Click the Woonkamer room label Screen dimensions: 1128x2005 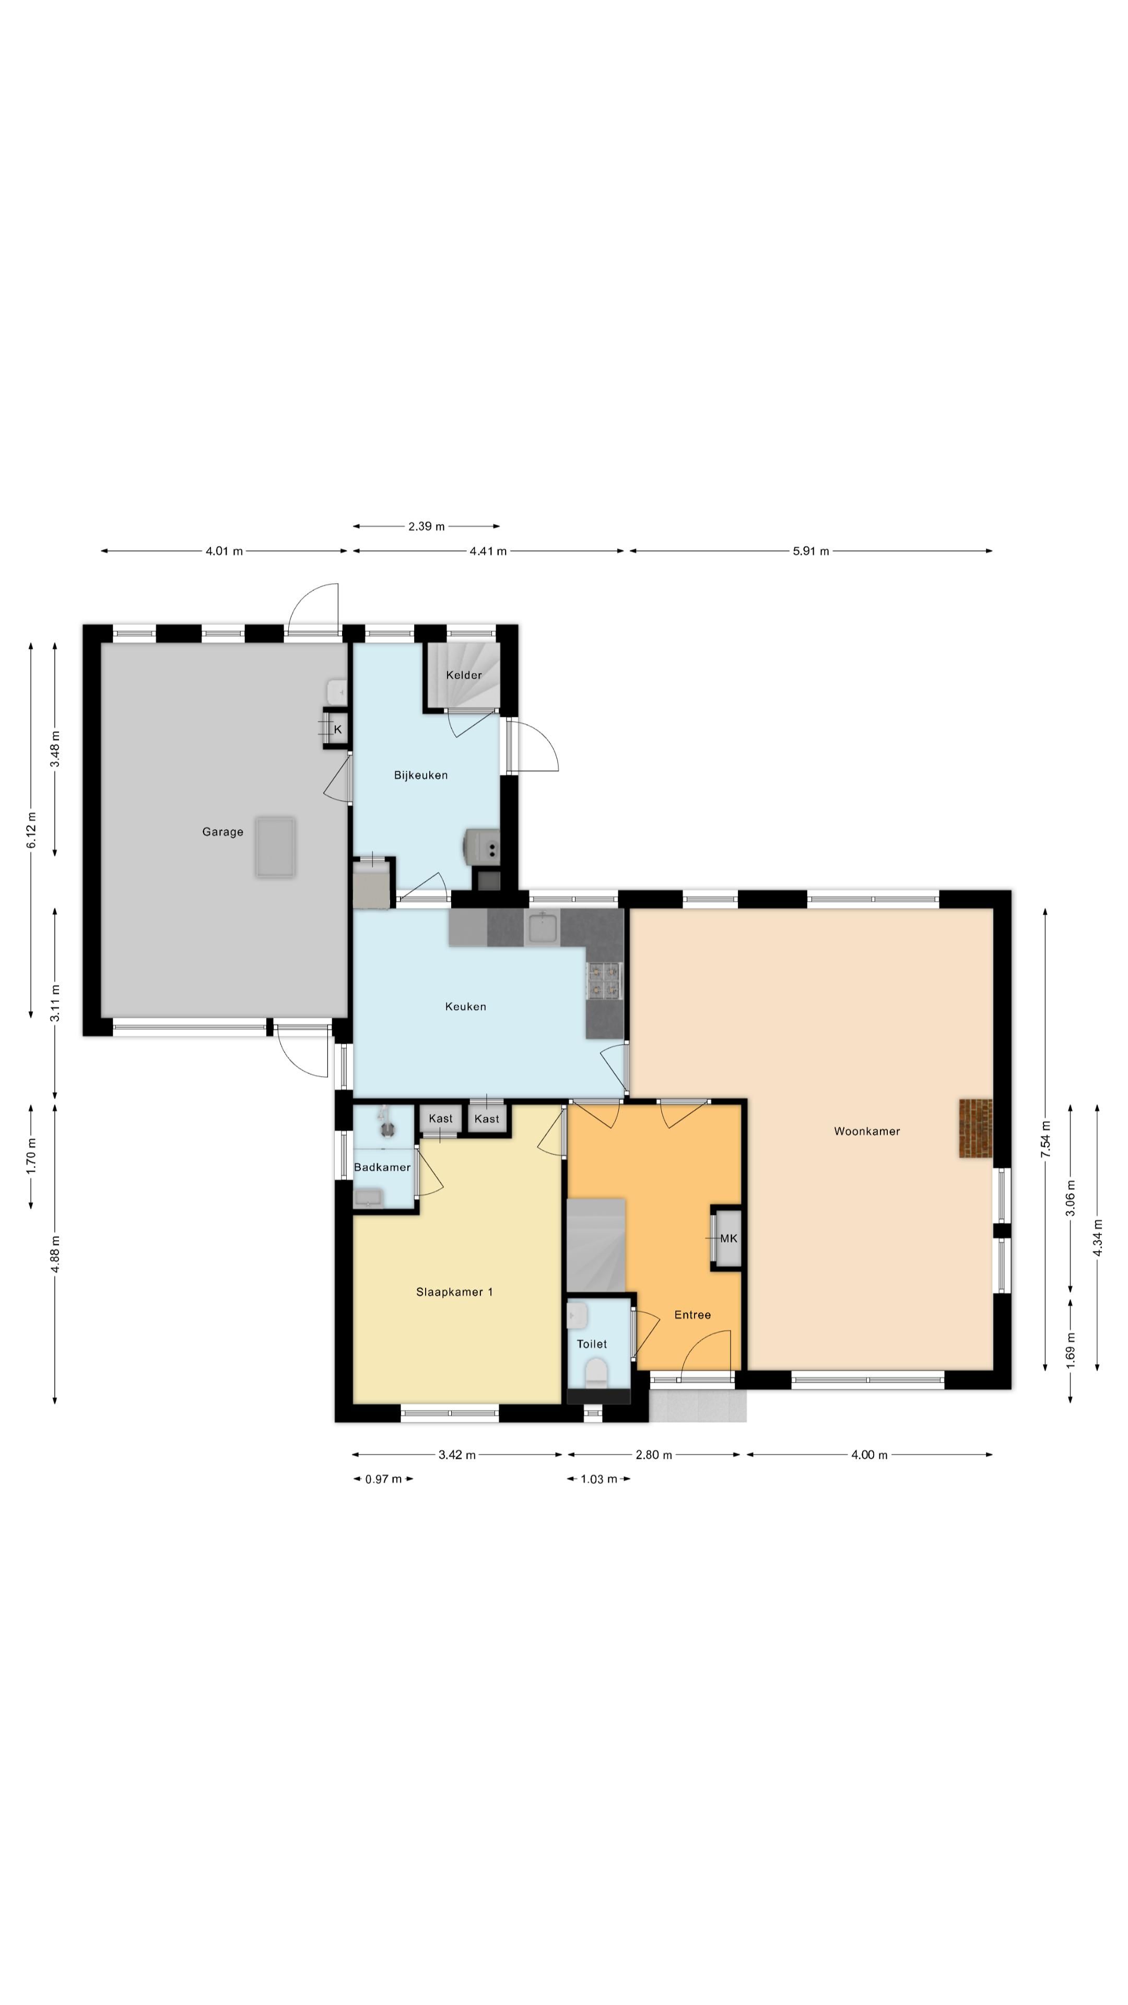tap(866, 1131)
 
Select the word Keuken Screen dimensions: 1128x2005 tap(465, 1006)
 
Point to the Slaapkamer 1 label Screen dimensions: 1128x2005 tap(455, 1292)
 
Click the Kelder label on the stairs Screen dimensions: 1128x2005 tap(464, 675)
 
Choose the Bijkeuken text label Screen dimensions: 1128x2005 tap(420, 775)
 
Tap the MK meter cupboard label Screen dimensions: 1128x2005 tap(728, 1239)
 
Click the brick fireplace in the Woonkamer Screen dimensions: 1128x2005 tap(976, 1128)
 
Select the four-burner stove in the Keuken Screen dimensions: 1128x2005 tap(605, 980)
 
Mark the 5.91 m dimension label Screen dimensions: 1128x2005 tap(811, 551)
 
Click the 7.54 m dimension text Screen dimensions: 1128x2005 tap(1045, 1139)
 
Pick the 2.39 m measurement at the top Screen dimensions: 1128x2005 tap(427, 526)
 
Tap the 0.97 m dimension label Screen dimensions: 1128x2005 tap(384, 1479)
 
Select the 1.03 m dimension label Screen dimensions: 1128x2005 tap(598, 1479)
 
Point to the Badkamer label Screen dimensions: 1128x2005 tap(382, 1167)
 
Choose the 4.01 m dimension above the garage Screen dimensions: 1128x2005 tap(224, 551)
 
